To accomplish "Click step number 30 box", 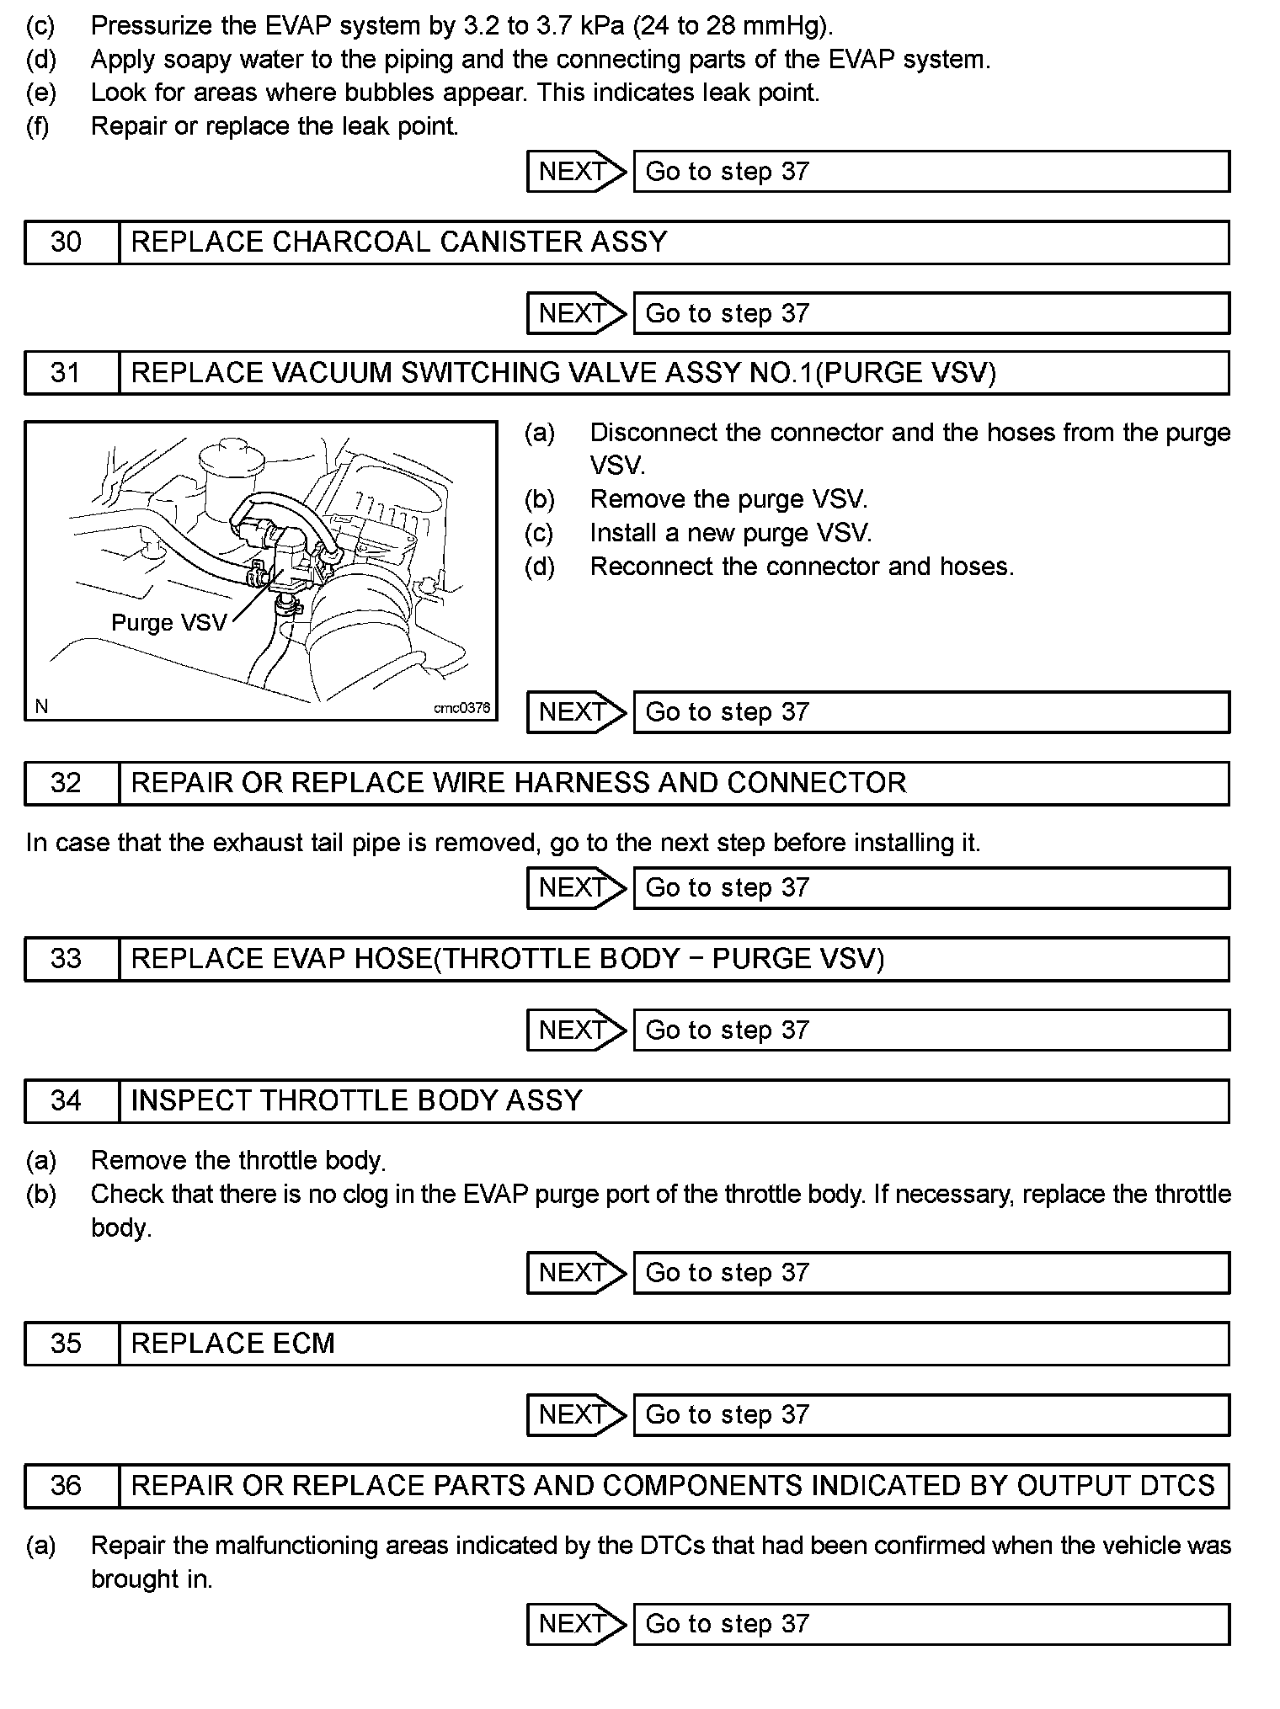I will (x=67, y=242).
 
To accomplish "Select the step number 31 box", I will (x=67, y=373).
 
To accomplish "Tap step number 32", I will (x=67, y=783).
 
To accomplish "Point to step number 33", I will (x=67, y=959).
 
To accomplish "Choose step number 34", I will (x=67, y=1100).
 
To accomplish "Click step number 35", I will (x=67, y=1343).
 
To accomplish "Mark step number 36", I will (x=67, y=1485).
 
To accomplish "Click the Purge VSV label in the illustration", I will (x=169, y=623).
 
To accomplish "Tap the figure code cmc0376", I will (x=461, y=708).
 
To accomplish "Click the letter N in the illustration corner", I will (x=41, y=707).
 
